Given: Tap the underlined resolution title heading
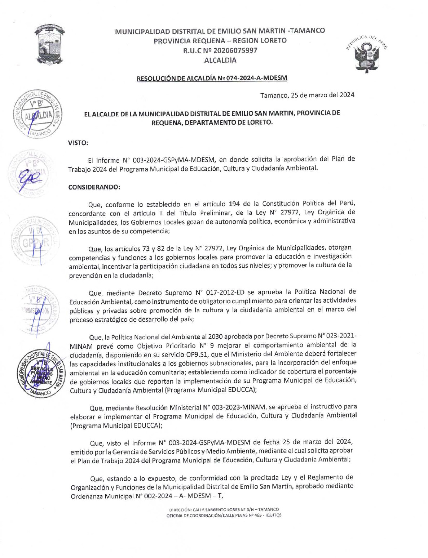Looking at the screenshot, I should coord(212,78).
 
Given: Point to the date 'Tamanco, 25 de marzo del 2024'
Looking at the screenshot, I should coord(307,95).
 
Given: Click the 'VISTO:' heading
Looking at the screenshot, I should coord(78,143).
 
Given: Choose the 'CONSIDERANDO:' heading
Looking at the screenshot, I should coord(94,187).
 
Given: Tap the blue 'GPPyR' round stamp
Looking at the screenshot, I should coord(36,242).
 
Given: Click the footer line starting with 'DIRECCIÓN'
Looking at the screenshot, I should coord(224,510).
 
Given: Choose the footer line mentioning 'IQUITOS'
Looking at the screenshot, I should coord(224,515).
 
